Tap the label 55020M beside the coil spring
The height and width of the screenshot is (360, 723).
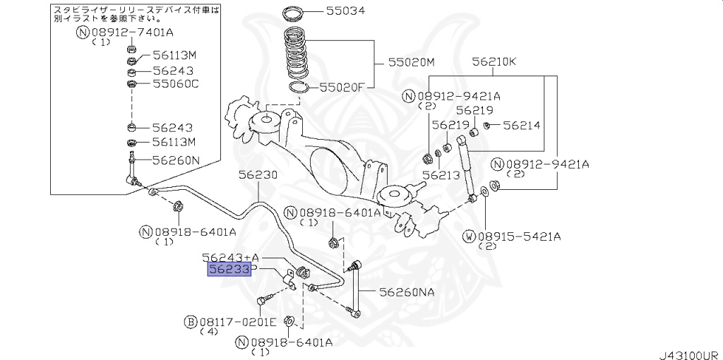click(x=410, y=63)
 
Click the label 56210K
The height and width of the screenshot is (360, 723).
click(x=494, y=62)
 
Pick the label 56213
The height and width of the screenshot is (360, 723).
click(x=441, y=174)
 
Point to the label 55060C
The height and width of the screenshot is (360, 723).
click(x=176, y=83)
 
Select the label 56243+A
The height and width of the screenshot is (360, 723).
click(x=230, y=257)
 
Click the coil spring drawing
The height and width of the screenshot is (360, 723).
click(x=297, y=53)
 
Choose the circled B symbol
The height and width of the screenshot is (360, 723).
click(x=190, y=322)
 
